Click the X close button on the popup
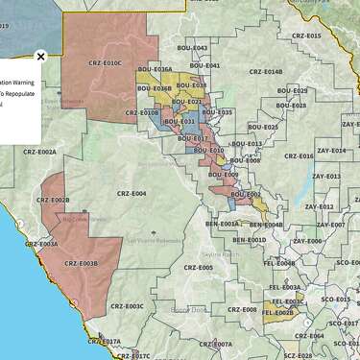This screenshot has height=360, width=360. [40, 56]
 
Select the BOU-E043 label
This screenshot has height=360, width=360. [192, 48]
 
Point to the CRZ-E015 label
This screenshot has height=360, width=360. [306, 36]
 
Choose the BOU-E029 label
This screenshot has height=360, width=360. [292, 90]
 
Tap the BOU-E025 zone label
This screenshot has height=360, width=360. [263, 127]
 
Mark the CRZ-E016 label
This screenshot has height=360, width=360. [298, 156]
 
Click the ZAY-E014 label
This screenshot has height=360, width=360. [331, 151]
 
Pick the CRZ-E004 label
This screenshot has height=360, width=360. [132, 193]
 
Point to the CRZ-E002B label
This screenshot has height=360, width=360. [53, 200]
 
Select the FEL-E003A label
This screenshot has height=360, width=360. [284, 286]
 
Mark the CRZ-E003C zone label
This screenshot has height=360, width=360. [127, 306]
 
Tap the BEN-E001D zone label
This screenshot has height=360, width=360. [249, 240]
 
